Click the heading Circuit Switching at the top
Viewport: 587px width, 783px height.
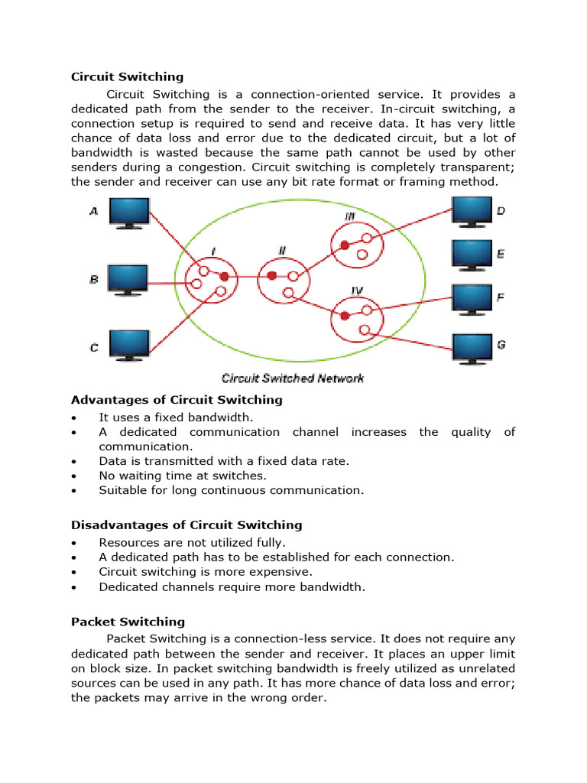pyautogui.click(x=127, y=76)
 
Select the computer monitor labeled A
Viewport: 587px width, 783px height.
pyautogui.click(x=128, y=212)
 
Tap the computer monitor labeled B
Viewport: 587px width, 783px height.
pyautogui.click(x=128, y=280)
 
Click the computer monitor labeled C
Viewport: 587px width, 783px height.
pyautogui.click(x=128, y=345)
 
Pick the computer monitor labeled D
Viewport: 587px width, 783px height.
pyautogui.click(x=472, y=210)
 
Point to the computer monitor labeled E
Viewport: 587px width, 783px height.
pyautogui.click(x=472, y=254)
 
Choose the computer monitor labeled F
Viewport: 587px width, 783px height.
pyautogui.click(x=472, y=299)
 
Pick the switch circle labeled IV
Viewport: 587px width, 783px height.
pyautogui.click(x=357, y=317)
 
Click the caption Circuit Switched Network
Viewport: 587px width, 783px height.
pyautogui.click(x=292, y=379)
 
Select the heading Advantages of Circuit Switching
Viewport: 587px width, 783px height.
pyautogui.click(x=177, y=400)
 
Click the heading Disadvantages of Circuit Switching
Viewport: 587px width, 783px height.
pyautogui.click(x=186, y=525)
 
